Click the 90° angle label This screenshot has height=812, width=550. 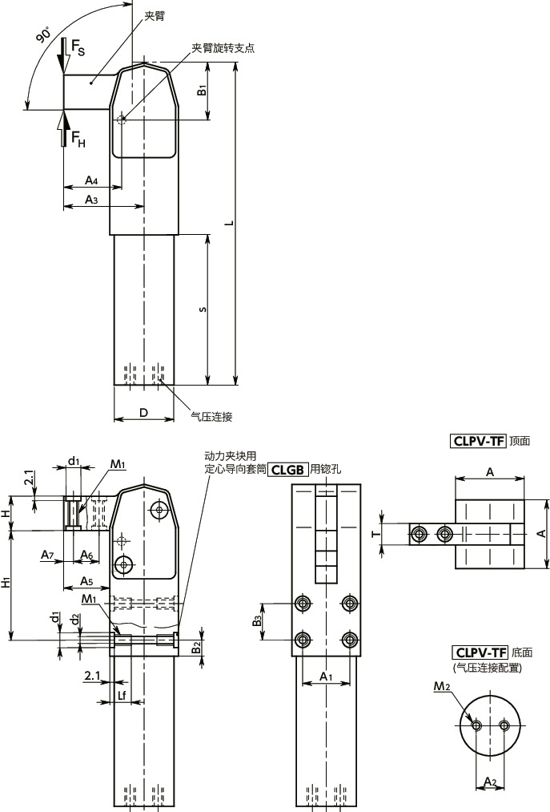tap(43, 35)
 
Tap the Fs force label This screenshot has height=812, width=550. tap(78, 47)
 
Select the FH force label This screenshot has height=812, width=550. tap(78, 138)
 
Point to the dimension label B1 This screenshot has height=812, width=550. tap(202, 90)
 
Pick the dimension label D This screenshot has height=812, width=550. tap(144, 412)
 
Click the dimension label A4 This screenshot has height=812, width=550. tap(91, 180)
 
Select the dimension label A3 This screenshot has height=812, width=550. tap(91, 200)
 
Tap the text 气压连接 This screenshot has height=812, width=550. tap(211, 416)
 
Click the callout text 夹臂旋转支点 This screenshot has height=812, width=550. tap(223, 48)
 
